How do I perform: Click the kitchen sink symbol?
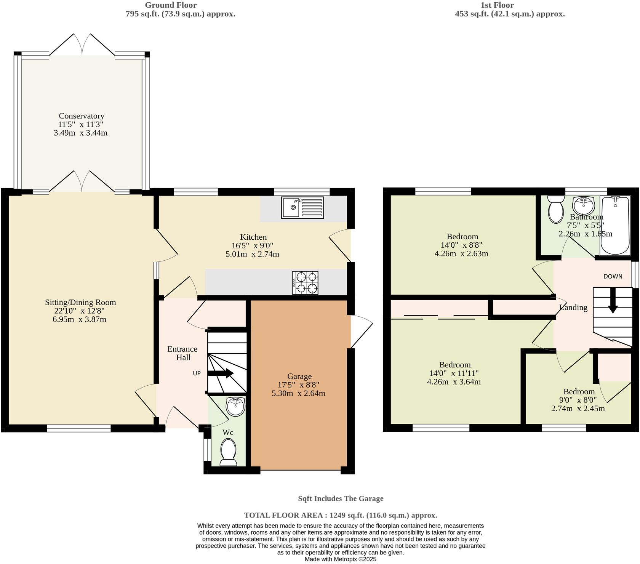[x=302, y=207]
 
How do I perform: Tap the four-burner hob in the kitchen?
[x=305, y=282]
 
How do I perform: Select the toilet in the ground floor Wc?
[x=228, y=452]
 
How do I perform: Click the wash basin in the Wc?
[x=235, y=407]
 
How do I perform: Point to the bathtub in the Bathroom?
[x=614, y=226]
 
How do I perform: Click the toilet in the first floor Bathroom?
[x=556, y=209]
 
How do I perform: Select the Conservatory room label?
[x=81, y=116]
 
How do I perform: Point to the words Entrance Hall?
[x=182, y=353]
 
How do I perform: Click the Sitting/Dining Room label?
[x=80, y=302]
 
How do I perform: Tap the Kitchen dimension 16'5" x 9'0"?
[x=253, y=245]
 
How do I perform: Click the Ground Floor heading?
[x=171, y=5]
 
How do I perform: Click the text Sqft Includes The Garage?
[x=340, y=498]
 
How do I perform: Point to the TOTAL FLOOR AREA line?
[x=340, y=515]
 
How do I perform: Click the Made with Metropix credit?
[x=340, y=559]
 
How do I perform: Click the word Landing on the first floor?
[x=573, y=307]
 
